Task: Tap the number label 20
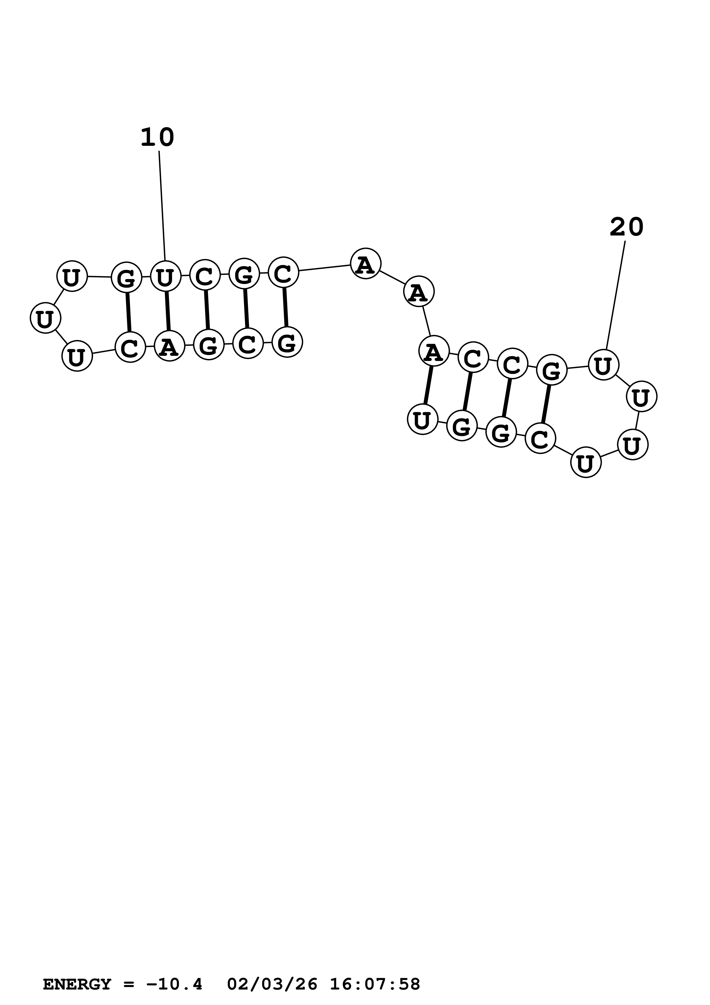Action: point(626,227)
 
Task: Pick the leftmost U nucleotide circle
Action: point(45,319)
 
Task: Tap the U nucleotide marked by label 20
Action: point(603,365)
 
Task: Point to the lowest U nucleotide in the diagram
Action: point(586,462)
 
